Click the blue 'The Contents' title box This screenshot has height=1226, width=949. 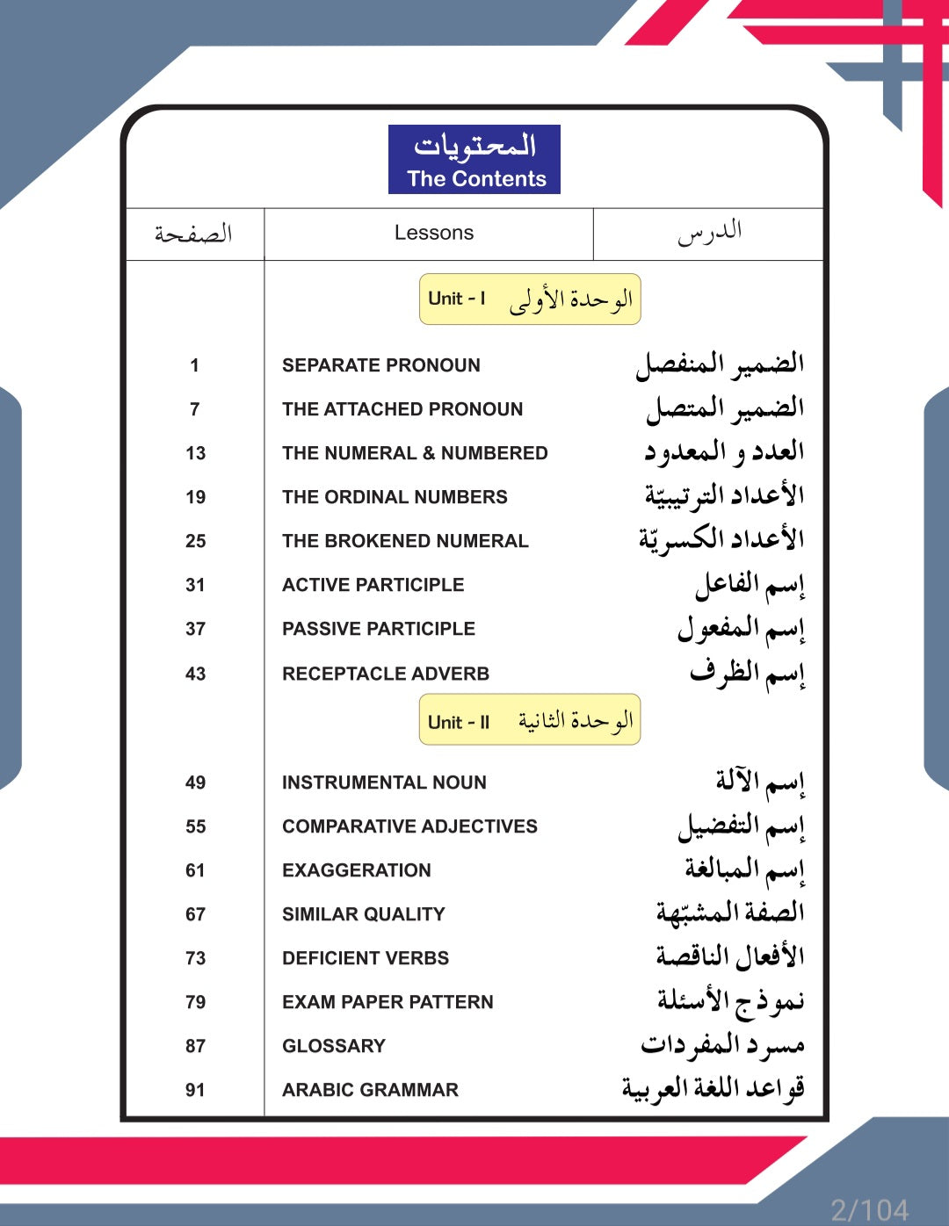point(474,160)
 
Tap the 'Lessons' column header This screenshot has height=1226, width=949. point(433,233)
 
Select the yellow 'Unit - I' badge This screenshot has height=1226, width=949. point(530,299)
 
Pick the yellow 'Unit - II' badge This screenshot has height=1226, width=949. point(530,721)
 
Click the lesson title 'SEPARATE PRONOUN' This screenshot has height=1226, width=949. point(380,365)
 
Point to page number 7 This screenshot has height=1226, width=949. point(194,409)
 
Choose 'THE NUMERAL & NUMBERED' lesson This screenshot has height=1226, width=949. point(415,453)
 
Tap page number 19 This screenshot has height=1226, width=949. point(195,497)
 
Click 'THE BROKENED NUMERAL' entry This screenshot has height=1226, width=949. point(405,541)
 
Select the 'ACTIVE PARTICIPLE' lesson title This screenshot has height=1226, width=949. point(373,585)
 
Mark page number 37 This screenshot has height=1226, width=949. point(195,629)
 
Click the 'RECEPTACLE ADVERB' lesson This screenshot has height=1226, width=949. point(386,674)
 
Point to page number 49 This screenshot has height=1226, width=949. point(195,782)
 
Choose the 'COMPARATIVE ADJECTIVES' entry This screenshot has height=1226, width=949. point(409,826)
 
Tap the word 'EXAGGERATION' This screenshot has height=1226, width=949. point(356,870)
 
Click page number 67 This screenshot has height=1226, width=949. point(195,914)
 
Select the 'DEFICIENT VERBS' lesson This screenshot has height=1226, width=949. point(366,958)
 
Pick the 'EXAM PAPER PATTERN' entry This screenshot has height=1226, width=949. point(388,1002)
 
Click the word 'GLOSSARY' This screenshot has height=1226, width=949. point(334,1046)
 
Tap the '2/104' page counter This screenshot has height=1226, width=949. point(869,1210)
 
